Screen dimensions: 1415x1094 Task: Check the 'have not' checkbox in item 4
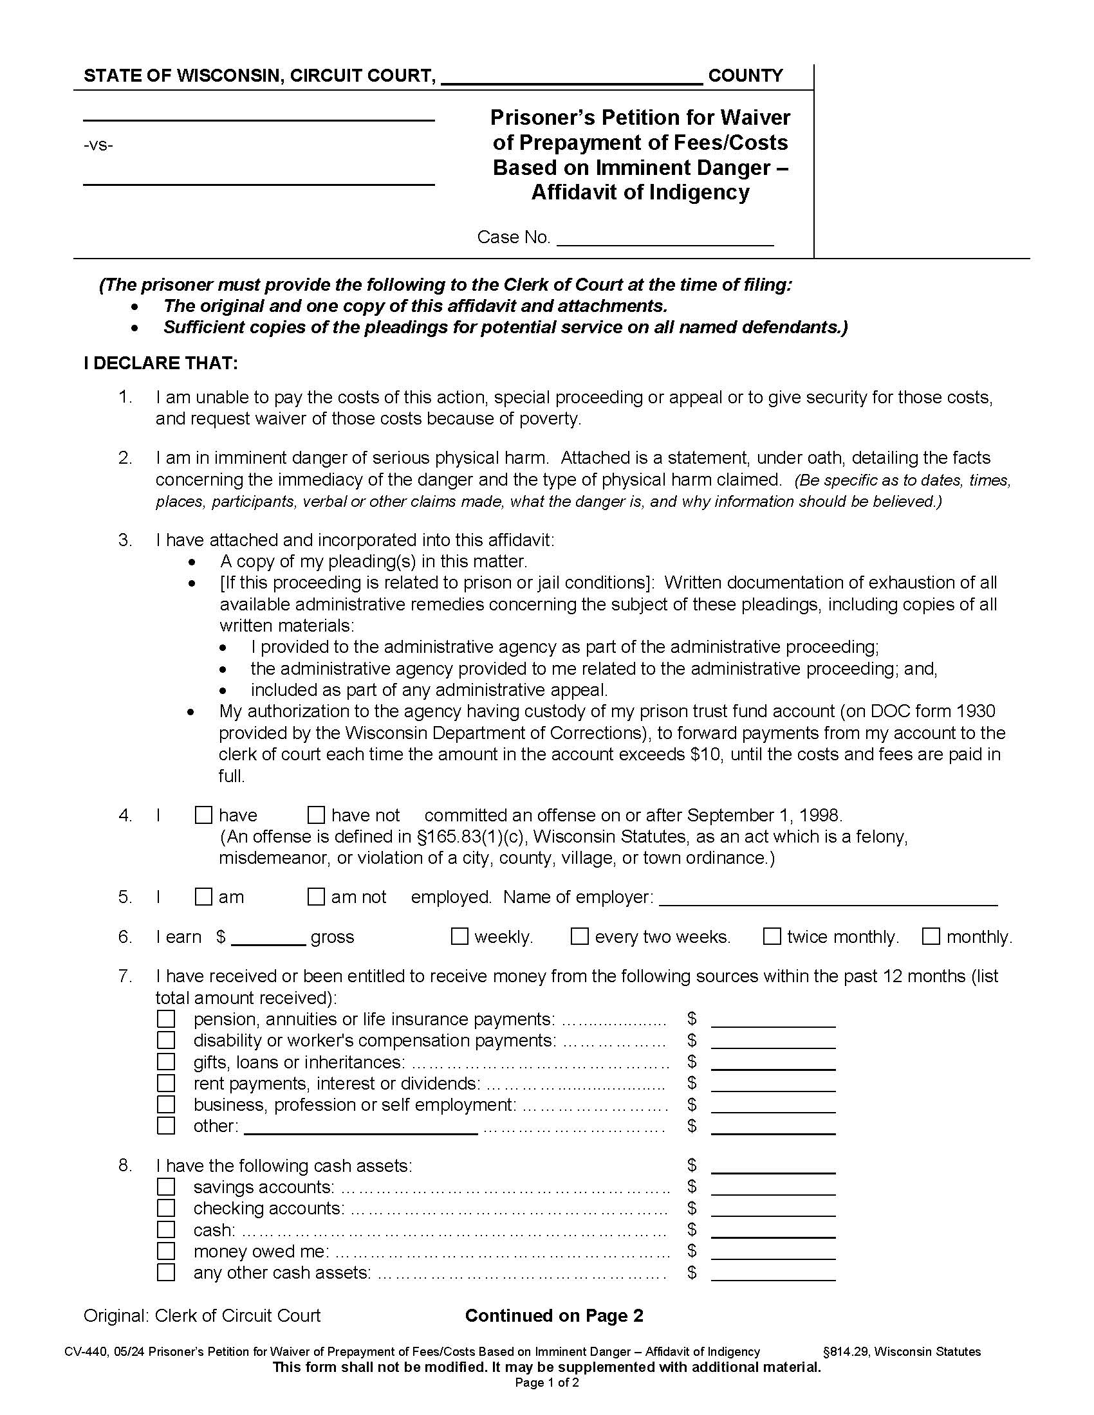[x=316, y=814]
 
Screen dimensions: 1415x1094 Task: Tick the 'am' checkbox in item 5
[x=203, y=897]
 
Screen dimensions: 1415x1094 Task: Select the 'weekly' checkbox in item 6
[x=459, y=936]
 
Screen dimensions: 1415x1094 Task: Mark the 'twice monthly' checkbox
[x=772, y=936]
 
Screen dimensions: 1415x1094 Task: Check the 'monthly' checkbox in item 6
[x=931, y=936]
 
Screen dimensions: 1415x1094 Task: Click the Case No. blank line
[x=665, y=239]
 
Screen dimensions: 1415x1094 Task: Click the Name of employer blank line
[x=828, y=898]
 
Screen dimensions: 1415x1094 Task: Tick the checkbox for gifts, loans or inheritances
[x=166, y=1062]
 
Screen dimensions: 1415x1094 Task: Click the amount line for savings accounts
[x=772, y=1187]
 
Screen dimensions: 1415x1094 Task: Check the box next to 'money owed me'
[x=166, y=1250]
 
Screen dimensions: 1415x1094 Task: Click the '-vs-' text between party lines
[x=98, y=145]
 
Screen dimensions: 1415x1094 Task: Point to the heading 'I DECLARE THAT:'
[x=161, y=363]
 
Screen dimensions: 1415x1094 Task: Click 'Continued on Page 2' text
[x=554, y=1315]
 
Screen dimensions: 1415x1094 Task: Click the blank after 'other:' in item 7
[x=360, y=1127]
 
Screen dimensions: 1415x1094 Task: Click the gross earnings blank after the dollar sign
[x=268, y=938]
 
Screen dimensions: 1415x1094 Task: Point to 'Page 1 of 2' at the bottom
[x=547, y=1383]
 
